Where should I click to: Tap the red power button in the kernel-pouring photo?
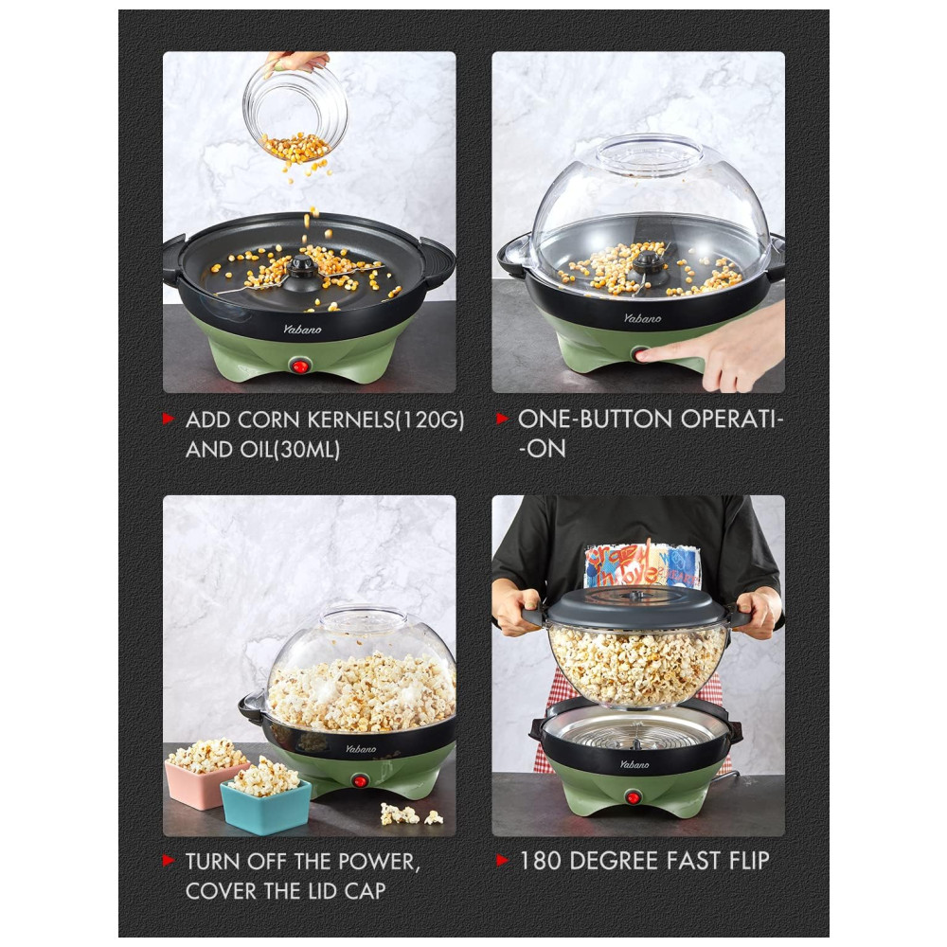point(299,366)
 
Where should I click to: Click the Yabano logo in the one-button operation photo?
point(642,317)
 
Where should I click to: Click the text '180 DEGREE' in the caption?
point(606,861)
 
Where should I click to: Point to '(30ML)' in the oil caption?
point(307,449)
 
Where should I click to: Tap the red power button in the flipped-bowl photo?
point(633,797)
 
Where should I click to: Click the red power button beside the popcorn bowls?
point(360,780)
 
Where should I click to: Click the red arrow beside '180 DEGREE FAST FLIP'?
point(502,860)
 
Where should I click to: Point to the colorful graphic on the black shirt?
point(642,565)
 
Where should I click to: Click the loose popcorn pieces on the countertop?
point(411,814)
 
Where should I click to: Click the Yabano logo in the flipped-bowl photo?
point(634,764)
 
